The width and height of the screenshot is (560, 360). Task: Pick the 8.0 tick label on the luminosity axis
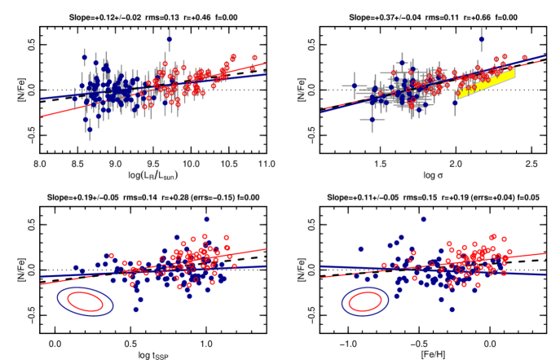pos(39,165)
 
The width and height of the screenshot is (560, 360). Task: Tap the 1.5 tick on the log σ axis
pos(380,165)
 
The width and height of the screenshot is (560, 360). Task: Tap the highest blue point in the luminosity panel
pos(170,38)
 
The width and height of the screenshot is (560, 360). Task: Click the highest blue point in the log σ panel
pos(481,38)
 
